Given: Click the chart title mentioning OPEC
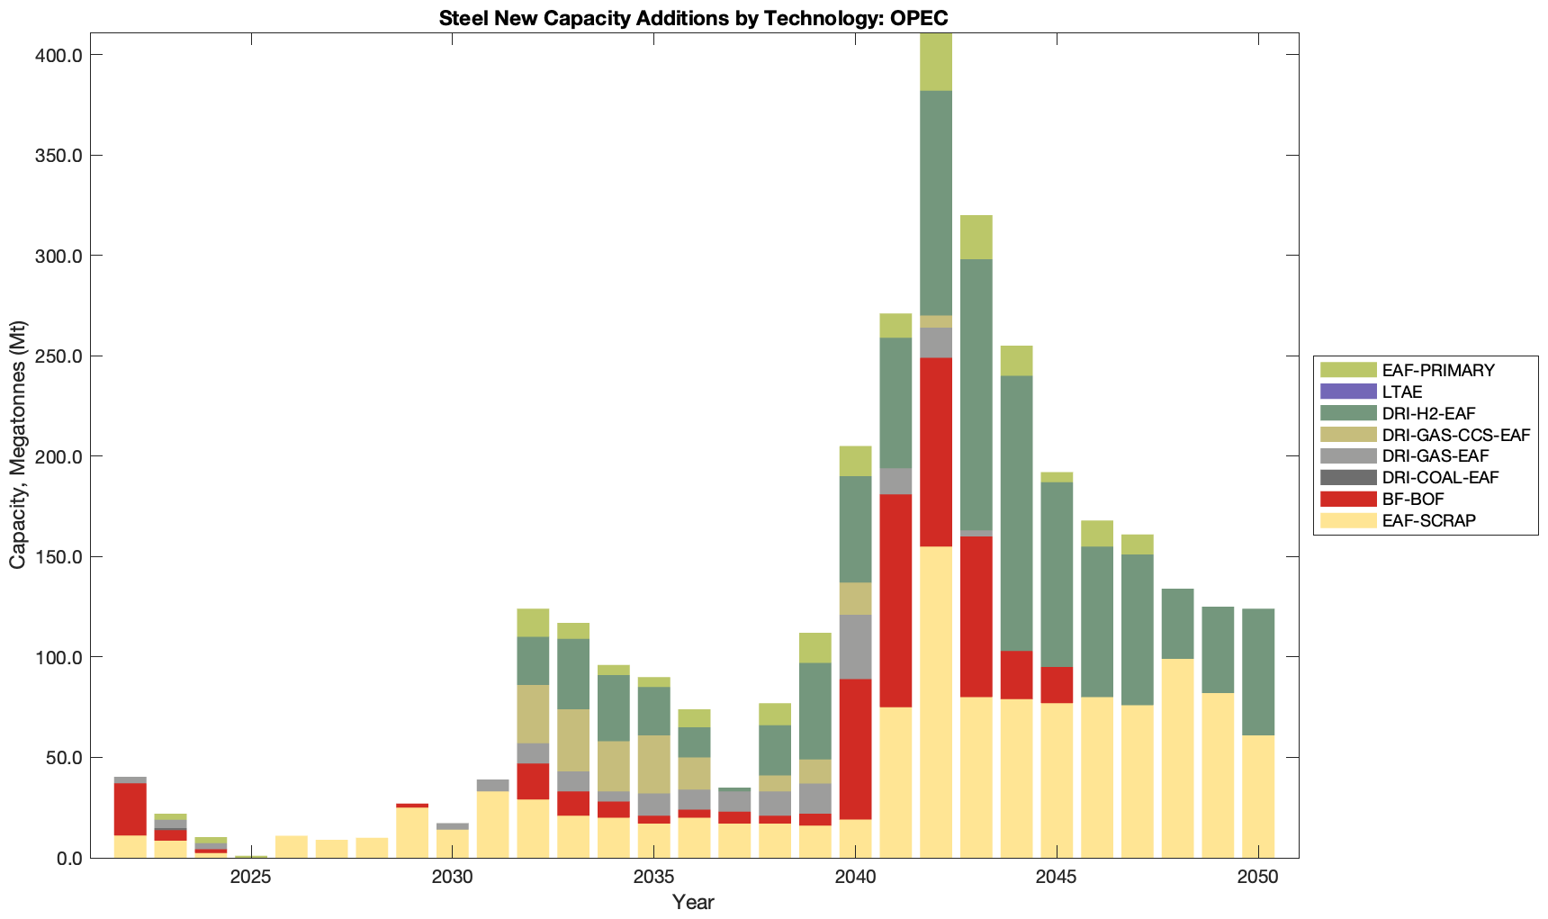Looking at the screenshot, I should coord(693,18).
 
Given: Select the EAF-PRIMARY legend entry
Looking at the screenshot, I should coord(1437,370).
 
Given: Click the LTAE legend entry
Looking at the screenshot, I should coord(1402,392).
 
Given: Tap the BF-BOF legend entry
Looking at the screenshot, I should coord(1413,500).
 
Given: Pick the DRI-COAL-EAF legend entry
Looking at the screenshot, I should coord(1440,478).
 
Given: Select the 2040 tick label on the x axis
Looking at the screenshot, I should coord(855,878).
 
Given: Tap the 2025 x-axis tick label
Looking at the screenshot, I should coord(250,878).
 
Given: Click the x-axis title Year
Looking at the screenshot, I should coord(693,902).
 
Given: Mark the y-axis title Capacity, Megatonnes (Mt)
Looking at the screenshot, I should coord(18,446).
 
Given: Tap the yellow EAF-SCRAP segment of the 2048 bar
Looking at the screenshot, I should coord(1177,758).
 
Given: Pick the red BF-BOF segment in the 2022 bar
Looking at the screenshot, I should coord(130,809).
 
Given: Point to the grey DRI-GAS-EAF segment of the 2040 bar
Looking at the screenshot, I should coord(855,647).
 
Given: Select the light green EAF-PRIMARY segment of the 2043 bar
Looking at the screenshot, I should coord(976,237).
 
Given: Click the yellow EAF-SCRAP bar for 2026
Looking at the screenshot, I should coord(291,847).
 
